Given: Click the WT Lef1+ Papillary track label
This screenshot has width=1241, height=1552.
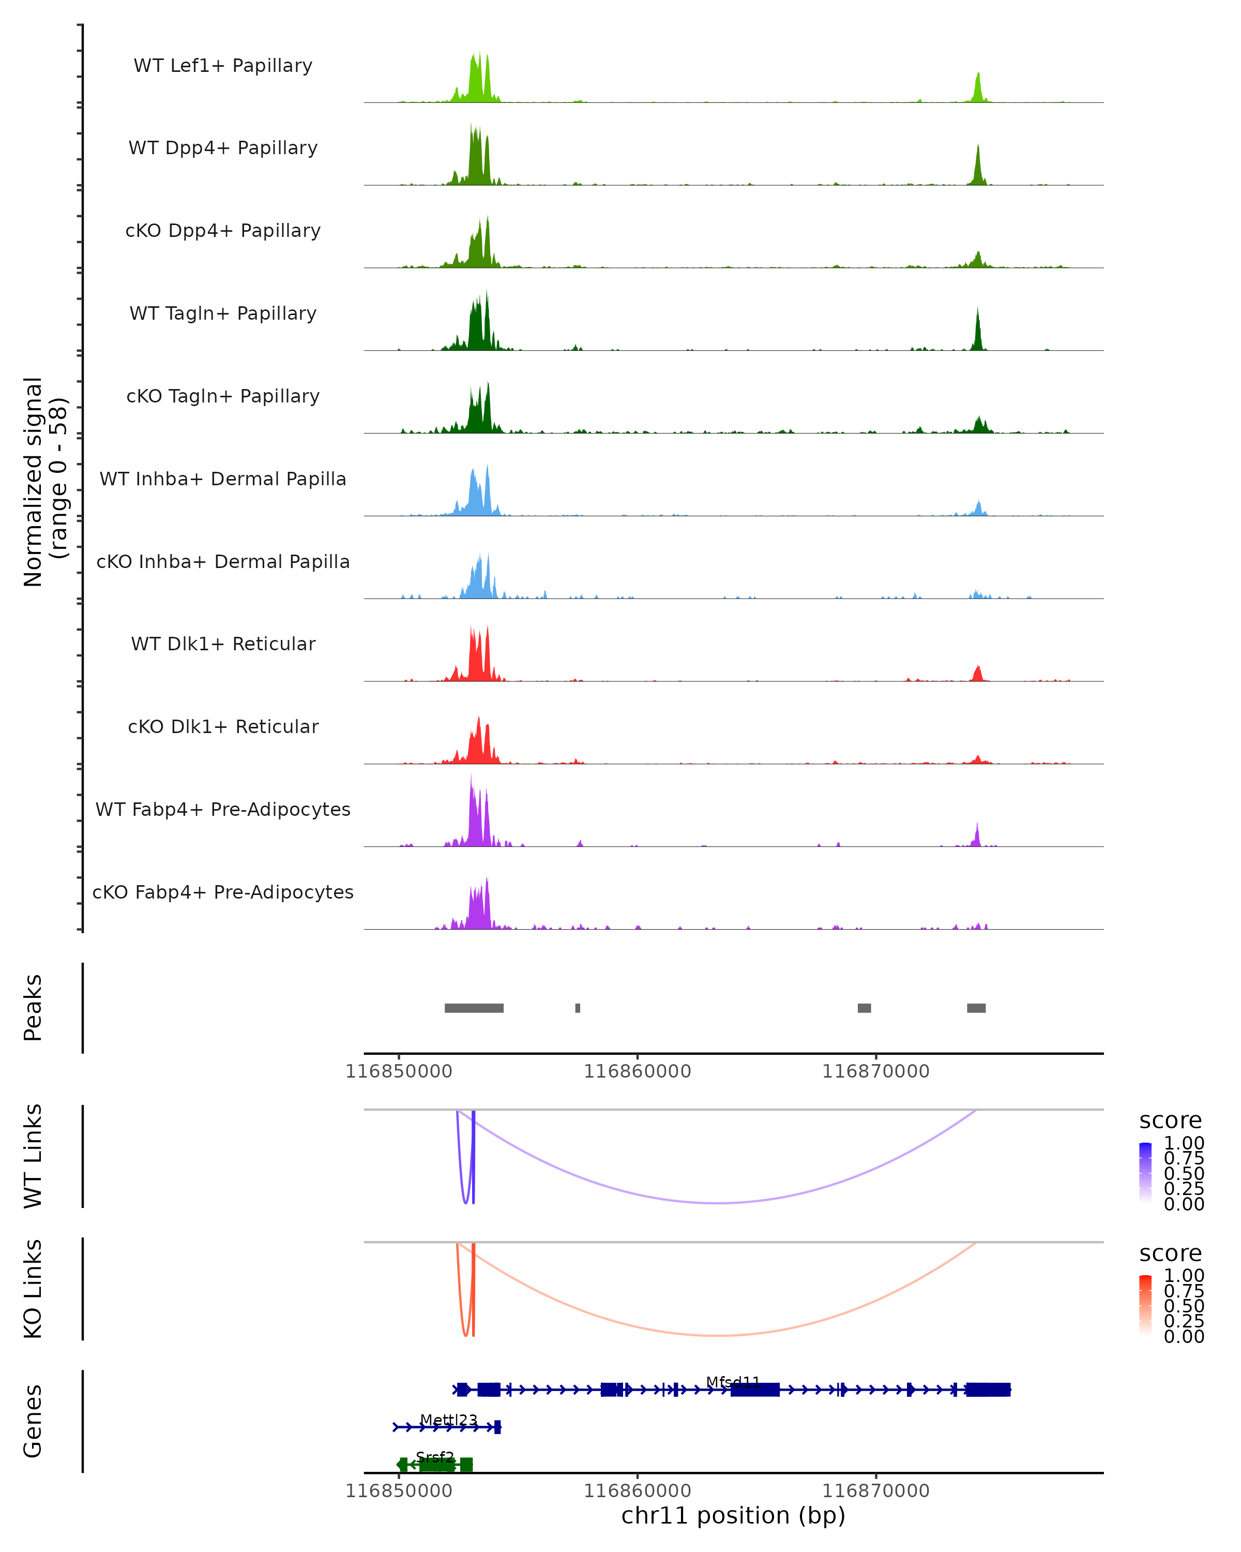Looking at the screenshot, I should [x=223, y=66].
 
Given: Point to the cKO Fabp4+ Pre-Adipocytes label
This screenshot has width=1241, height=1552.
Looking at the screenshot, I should [x=223, y=892].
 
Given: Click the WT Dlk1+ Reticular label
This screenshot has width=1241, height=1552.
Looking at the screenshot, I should [x=223, y=644].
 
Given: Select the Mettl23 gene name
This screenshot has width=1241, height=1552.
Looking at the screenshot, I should [x=448, y=1420].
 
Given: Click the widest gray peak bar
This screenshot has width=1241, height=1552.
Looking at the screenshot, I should [x=474, y=1008].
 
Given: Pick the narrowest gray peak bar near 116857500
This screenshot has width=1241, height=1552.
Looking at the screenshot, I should [x=578, y=1008].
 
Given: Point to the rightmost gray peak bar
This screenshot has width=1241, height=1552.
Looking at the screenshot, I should [x=976, y=1008].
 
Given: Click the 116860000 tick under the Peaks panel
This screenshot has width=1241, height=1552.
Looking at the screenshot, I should [x=638, y=1071].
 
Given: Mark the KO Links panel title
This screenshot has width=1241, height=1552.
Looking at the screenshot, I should [x=33, y=1289].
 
